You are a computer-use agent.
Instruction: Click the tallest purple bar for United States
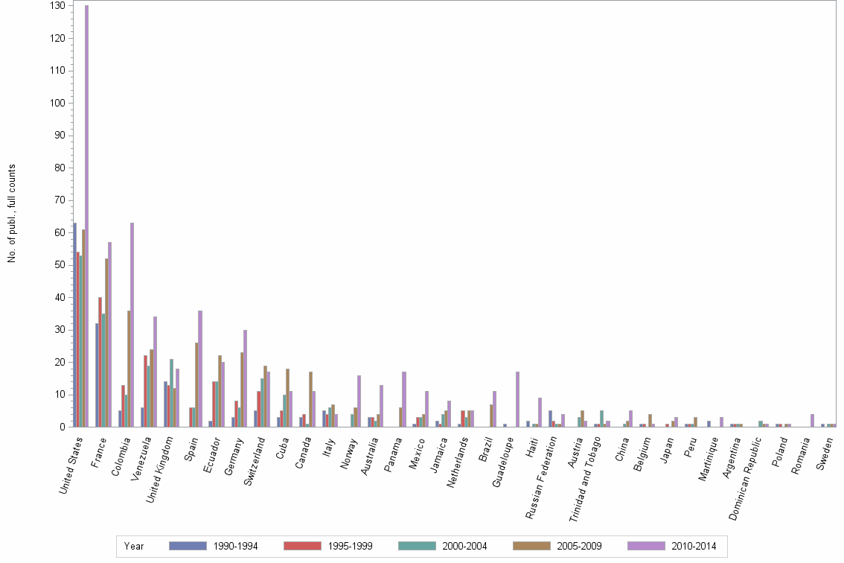click(x=86, y=216)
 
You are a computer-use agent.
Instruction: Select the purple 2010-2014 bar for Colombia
click(x=132, y=325)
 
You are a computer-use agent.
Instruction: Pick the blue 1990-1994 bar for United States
click(x=74, y=325)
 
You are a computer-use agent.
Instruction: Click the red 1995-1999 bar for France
click(x=100, y=362)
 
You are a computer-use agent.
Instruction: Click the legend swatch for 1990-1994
click(x=187, y=546)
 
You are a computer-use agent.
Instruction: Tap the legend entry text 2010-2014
click(x=693, y=547)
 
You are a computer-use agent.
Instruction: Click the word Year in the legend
click(x=134, y=547)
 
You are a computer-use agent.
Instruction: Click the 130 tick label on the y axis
click(x=57, y=5)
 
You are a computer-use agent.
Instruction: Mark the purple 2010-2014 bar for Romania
click(x=812, y=420)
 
